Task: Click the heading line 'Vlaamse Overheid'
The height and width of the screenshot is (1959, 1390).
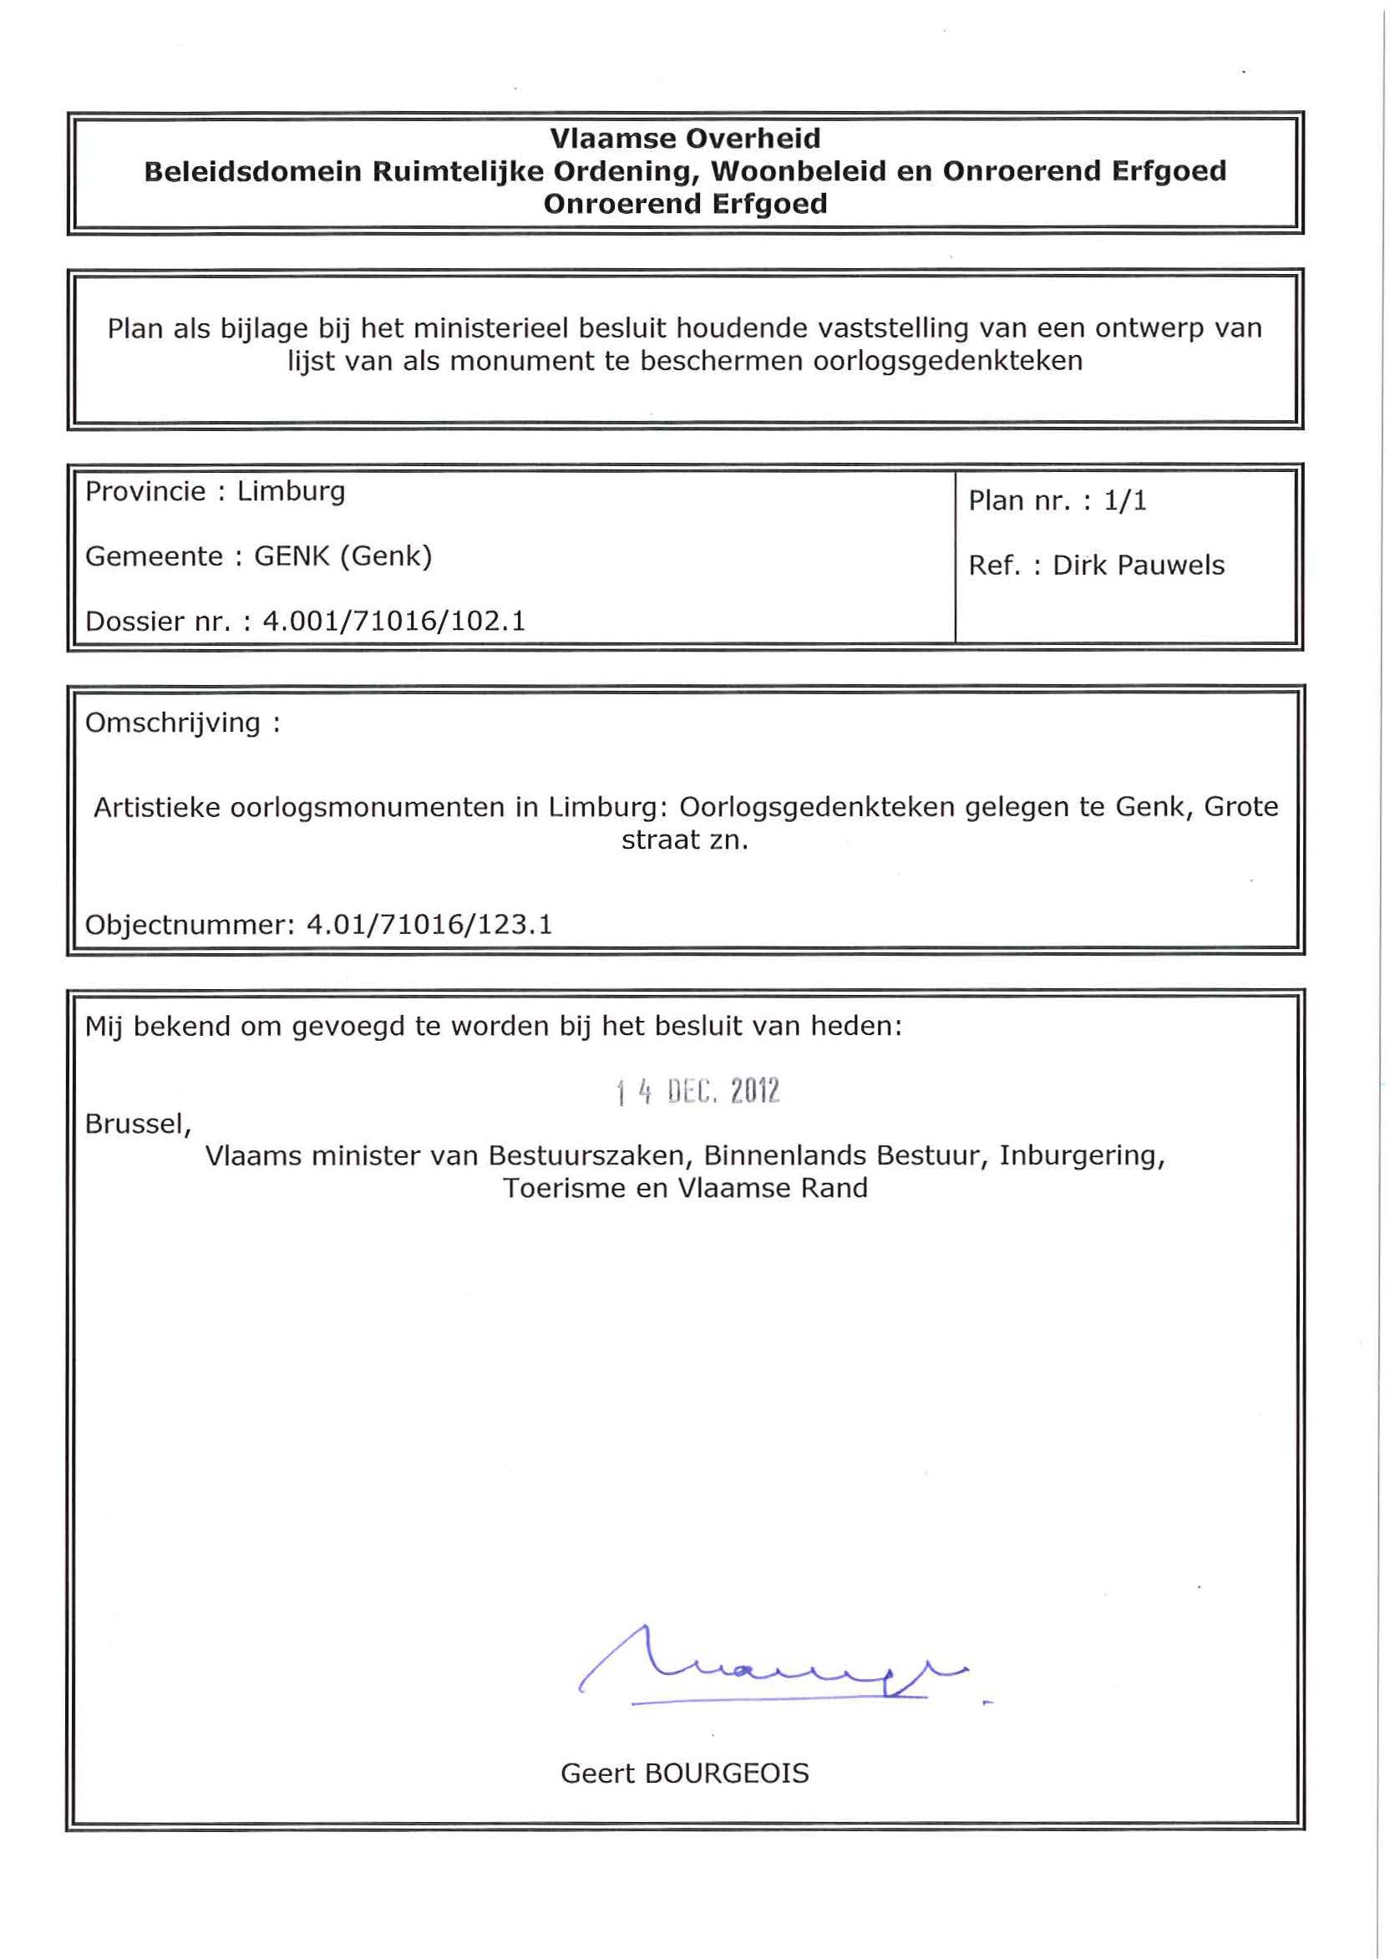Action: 685,139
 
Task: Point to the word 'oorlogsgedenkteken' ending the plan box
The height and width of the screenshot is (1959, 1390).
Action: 947,361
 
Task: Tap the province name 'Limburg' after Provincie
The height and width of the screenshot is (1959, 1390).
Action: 291,491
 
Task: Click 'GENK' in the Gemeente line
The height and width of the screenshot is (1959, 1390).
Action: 292,556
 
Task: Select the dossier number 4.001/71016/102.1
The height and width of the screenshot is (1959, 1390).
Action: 393,622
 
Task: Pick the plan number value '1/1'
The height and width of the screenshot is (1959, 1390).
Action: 1124,500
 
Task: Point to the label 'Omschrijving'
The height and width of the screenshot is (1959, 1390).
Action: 172,723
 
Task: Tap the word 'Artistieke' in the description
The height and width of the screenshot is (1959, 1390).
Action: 157,807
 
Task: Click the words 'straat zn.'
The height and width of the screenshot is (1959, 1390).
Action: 685,840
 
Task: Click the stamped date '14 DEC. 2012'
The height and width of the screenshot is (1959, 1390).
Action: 698,1091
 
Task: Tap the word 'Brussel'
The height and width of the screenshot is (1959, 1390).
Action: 134,1124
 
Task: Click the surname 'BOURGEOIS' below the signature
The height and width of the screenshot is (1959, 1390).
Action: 726,1774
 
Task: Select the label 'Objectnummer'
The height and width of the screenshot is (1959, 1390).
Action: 189,925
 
